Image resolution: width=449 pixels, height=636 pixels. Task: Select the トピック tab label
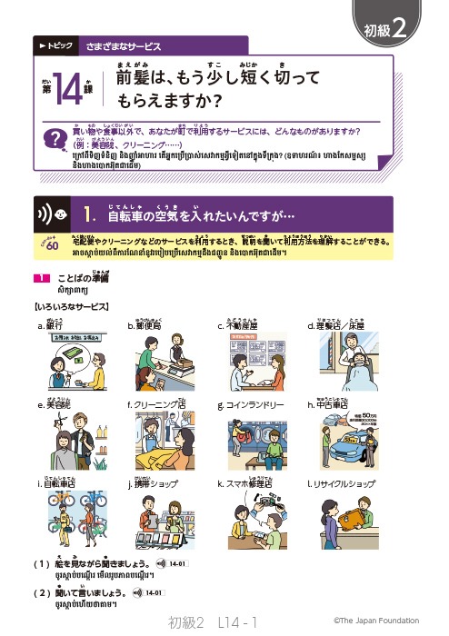point(53,43)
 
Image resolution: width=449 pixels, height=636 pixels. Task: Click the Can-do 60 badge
point(50,243)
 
